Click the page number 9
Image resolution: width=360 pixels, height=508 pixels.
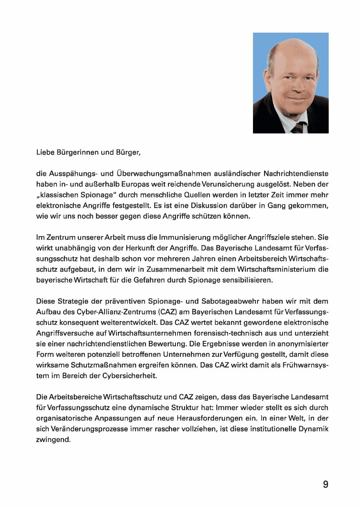(x=325, y=484)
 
